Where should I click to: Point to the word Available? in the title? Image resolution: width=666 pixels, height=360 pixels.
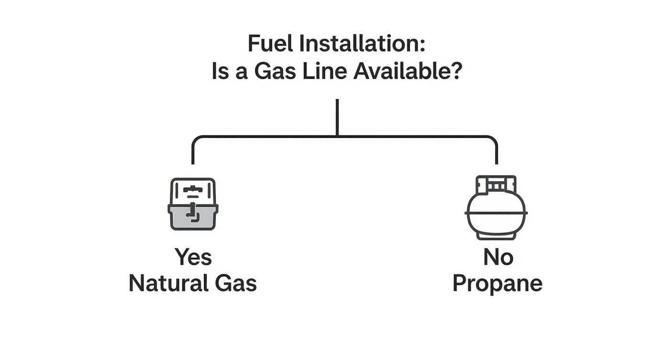pos(408,72)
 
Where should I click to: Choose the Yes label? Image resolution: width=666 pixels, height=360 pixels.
pos(193,257)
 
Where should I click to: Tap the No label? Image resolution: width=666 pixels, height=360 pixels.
pos(498,257)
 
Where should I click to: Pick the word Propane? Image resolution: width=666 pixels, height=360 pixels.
pos(497,283)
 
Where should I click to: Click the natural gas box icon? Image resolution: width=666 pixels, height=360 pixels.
pos(193,204)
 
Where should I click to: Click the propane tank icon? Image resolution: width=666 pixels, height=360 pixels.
pos(496,207)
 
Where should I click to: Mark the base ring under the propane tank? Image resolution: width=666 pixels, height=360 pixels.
pos(496,235)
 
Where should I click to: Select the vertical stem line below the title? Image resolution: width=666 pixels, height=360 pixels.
pos(337,117)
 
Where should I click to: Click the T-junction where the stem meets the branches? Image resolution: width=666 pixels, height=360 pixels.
pos(337,137)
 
